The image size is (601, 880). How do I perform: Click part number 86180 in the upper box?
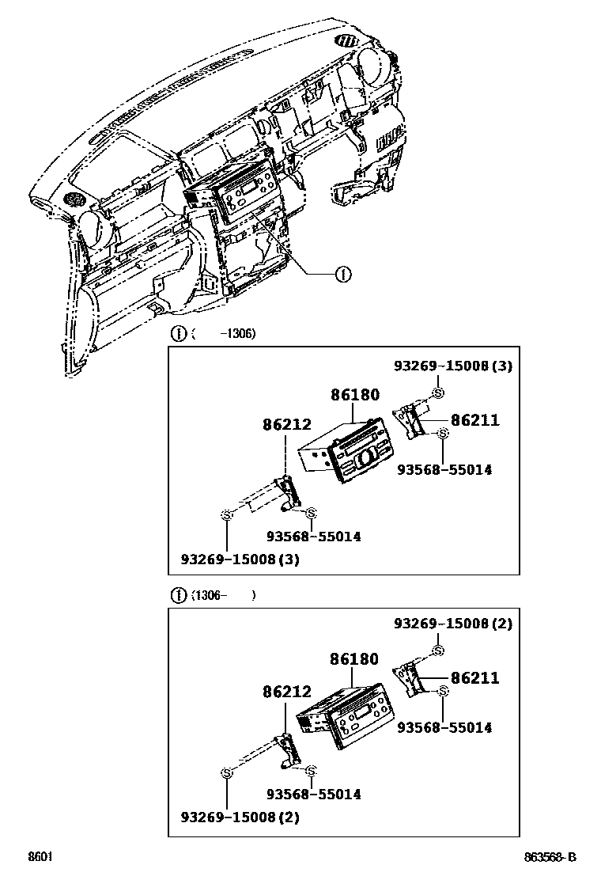tap(354, 395)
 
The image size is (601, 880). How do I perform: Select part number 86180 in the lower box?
tap(354, 659)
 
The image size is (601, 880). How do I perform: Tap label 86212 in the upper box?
tap(286, 425)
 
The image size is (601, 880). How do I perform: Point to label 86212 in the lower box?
tap(286, 692)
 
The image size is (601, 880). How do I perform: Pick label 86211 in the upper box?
tap(474, 420)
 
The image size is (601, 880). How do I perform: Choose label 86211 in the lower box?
tap(474, 678)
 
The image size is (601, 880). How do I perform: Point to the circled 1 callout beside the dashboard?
tap(342, 274)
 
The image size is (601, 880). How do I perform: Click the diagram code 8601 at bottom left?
tap(40, 857)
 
